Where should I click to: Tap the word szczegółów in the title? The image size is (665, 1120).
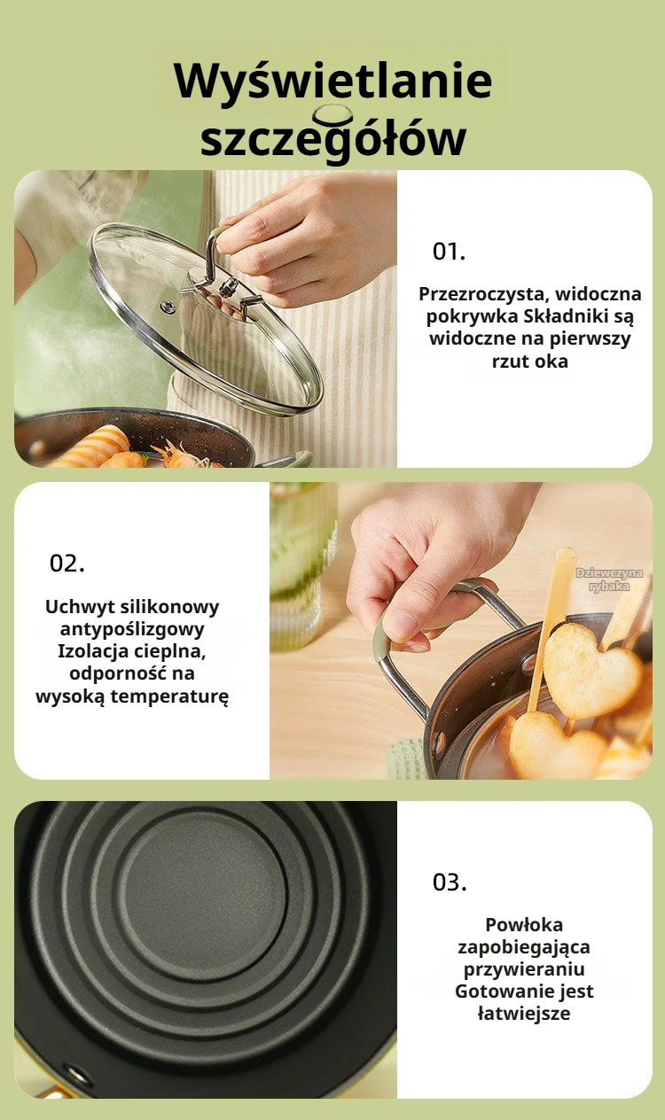[333, 139]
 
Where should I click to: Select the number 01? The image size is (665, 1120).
[449, 251]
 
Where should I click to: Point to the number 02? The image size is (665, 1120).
[67, 564]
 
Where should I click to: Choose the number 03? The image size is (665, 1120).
[450, 883]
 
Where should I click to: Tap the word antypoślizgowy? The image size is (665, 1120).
[132, 629]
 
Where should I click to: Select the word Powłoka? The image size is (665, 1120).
[524, 924]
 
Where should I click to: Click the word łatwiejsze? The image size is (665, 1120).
[524, 1014]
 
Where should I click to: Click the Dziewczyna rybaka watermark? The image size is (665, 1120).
[609, 579]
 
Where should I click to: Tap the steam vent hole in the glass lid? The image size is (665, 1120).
[168, 307]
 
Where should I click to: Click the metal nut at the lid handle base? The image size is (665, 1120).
[229, 287]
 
